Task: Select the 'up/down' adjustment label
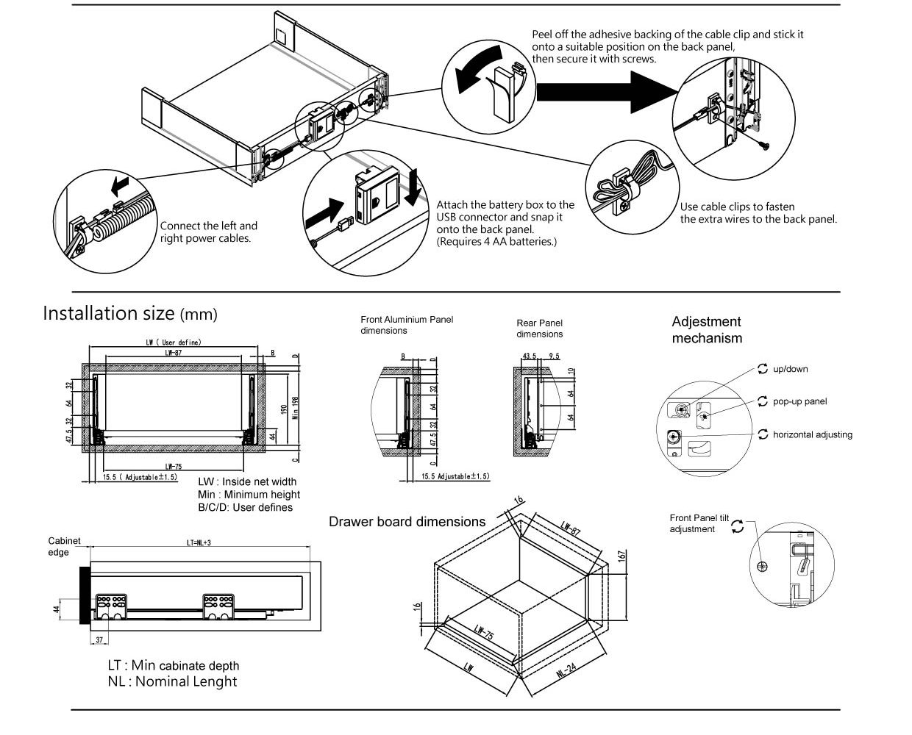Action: click(790, 369)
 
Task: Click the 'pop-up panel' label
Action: click(799, 401)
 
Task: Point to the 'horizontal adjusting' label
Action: click(812, 434)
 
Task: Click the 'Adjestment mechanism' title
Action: click(706, 330)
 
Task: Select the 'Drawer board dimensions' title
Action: click(407, 522)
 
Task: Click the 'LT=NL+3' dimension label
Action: click(199, 543)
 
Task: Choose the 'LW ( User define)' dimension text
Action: click(174, 343)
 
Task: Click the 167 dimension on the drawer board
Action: click(621, 556)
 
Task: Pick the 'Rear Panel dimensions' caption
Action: click(539, 329)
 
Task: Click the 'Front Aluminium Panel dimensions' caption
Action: click(407, 325)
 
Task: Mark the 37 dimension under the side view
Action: click(99, 640)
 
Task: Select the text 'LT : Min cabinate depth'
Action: click(173, 665)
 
